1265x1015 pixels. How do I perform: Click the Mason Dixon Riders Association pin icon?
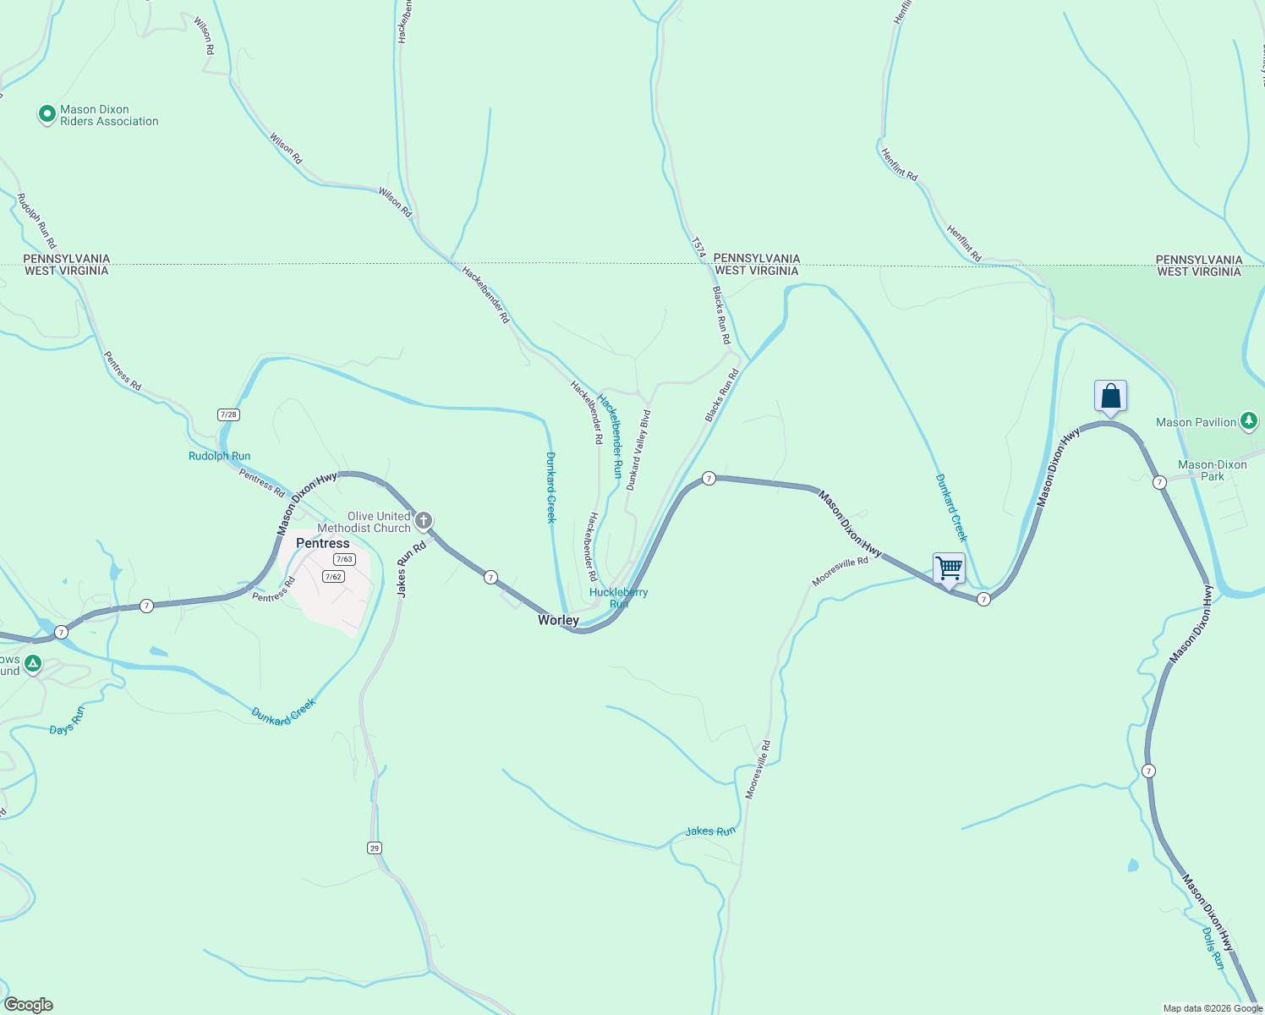point(47,113)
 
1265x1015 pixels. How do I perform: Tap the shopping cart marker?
point(949,568)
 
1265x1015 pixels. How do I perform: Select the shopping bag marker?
point(1110,396)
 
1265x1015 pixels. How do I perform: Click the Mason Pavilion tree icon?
point(1249,421)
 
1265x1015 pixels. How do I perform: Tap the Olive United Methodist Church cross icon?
point(424,520)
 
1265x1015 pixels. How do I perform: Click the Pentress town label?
point(322,543)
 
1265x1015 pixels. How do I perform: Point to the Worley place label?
point(558,620)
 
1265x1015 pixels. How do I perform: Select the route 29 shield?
point(375,848)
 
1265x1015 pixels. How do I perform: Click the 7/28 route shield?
point(228,414)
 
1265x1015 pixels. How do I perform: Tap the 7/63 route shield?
point(344,559)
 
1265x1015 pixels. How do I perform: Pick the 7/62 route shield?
point(333,577)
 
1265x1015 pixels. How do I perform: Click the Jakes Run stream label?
point(710,831)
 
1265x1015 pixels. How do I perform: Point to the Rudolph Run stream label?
point(219,456)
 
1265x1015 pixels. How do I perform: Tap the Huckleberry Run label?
point(618,597)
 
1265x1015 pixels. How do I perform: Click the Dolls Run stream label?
point(1213,948)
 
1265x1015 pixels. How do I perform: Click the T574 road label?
point(698,246)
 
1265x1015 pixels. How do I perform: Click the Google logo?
point(29,1005)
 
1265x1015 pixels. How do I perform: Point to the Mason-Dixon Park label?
point(1212,470)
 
